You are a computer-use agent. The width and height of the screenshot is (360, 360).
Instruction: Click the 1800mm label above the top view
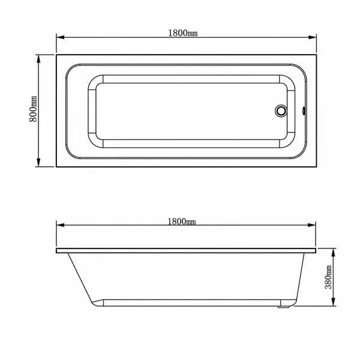183,33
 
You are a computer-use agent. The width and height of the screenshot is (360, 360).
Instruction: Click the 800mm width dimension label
33,109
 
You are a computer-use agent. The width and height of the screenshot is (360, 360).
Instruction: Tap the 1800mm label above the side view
182,221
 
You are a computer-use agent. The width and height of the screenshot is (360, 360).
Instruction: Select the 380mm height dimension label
328,277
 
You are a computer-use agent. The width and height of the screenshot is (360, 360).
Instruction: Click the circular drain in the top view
281,111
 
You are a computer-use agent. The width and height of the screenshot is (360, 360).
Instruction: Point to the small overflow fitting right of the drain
304,111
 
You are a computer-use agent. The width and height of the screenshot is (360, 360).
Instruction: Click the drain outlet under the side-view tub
283,307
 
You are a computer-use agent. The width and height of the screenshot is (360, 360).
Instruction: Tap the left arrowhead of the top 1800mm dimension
60,37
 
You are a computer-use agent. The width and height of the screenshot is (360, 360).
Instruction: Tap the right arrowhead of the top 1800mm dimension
313,37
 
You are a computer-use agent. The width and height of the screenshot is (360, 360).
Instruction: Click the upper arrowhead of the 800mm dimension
38,59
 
